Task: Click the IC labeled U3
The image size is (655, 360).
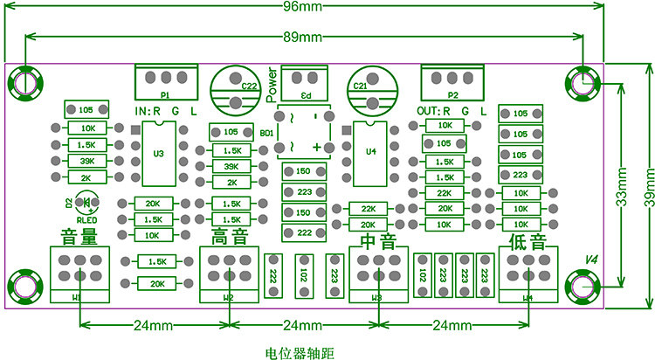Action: pyautogui.click(x=158, y=153)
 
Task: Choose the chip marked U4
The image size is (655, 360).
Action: pyautogui.click(x=370, y=153)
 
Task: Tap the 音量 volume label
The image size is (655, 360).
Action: pyautogui.click(x=79, y=236)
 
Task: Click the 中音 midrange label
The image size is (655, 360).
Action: pyautogui.click(x=378, y=239)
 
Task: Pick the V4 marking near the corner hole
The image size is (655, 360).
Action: pyautogui.click(x=590, y=260)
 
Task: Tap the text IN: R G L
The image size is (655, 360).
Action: pyautogui.click(x=166, y=112)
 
